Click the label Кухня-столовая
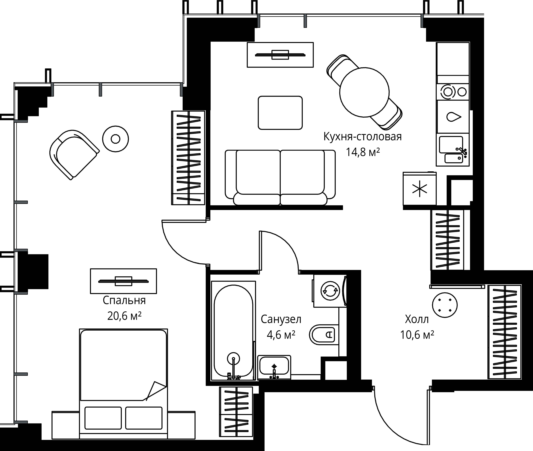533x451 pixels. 363,137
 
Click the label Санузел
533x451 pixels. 281,319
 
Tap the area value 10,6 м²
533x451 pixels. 417,335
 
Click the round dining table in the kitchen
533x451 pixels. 364,92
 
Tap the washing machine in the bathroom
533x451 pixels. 330,291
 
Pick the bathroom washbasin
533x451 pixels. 274,367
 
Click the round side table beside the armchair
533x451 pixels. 116,139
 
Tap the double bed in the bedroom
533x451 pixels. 124,384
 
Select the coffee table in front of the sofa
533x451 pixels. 280,113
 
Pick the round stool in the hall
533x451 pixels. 445,305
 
